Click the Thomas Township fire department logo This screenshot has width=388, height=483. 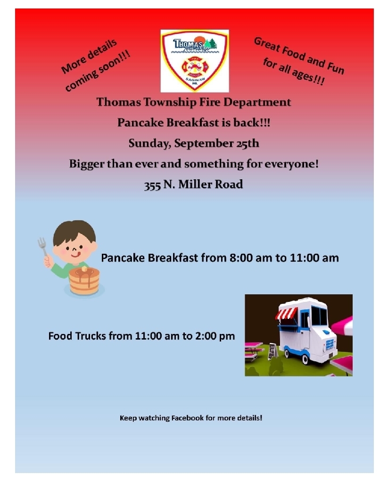tap(195, 61)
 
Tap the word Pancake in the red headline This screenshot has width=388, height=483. tap(140, 123)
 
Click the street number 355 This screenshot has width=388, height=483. tap(152, 185)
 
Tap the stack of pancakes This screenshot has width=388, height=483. tap(84, 280)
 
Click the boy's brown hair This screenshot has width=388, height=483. tap(74, 233)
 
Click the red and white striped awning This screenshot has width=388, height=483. tap(286, 313)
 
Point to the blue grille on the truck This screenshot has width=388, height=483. tap(330, 344)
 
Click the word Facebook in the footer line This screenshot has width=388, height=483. tap(187, 418)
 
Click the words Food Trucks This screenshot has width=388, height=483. tap(77, 336)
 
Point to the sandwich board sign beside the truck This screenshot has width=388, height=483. tap(272, 351)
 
